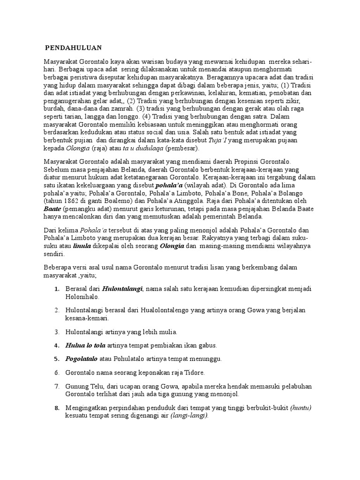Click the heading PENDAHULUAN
[73, 48]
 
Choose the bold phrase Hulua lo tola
[85, 345]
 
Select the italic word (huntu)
[300, 407]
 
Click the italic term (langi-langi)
[189, 415]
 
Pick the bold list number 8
[57, 407]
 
